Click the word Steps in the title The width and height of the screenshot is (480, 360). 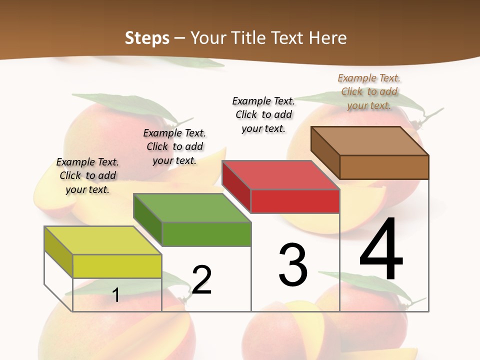tap(147, 38)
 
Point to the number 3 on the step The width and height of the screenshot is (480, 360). tap(293, 265)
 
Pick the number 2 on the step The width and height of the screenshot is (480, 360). tap(201, 279)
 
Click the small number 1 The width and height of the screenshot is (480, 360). tap(116, 295)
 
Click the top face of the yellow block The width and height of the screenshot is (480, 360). tap(102, 240)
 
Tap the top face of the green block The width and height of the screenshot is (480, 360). tap(192, 207)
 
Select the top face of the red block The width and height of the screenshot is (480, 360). tap(280, 175)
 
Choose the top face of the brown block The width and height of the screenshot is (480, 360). tap(369, 140)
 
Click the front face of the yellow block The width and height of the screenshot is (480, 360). tap(117, 266)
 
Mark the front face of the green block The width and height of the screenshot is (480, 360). tap(206, 234)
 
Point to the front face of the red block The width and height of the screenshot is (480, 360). tap(295, 201)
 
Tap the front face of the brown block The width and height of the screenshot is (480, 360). tap(384, 167)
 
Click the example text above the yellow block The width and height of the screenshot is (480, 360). tap(87, 175)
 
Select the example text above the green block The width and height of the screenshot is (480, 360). tap(174, 146)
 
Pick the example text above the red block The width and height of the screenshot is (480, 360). tap(263, 114)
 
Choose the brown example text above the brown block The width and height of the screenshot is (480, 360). tap(369, 91)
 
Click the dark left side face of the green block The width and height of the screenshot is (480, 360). tap(147, 219)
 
